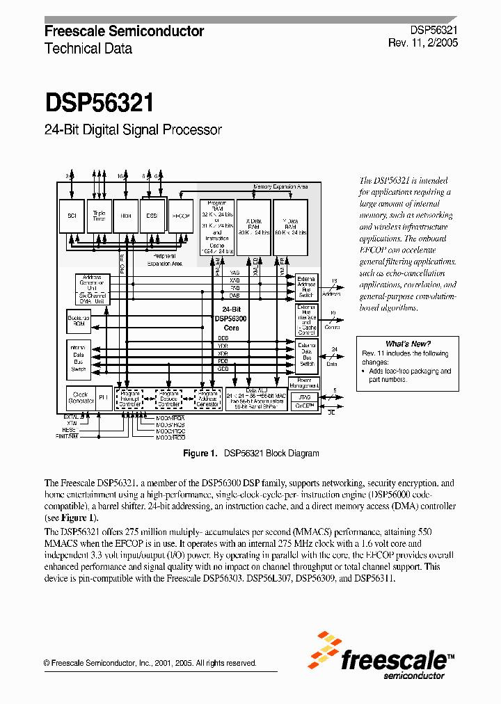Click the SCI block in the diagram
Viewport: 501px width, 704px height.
pyautogui.click(x=72, y=216)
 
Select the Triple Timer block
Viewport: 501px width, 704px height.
pyautogui.click(x=99, y=216)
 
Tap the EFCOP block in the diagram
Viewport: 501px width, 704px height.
pyautogui.click(x=180, y=216)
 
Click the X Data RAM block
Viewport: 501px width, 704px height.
pyautogui.click(x=253, y=226)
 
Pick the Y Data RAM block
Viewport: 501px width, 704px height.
pyautogui.click(x=289, y=226)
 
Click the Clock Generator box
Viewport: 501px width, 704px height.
pyautogui.click(x=81, y=397)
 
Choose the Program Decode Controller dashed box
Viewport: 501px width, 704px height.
pyautogui.click(x=168, y=399)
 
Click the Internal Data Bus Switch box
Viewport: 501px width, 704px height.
pyautogui.click(x=79, y=357)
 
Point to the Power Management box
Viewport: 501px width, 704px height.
pyautogui.click(x=308, y=382)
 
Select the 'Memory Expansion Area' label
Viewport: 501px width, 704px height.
pyautogui.click(x=281, y=187)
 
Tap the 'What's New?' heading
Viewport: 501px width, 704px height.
pyautogui.click(x=408, y=344)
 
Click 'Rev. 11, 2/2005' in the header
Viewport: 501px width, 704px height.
pyautogui.click(x=422, y=43)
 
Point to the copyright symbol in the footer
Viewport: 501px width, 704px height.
pyautogui.click(x=47, y=663)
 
